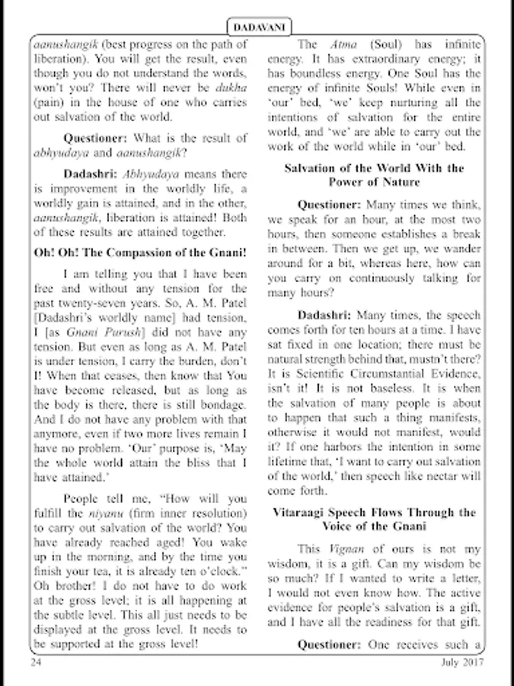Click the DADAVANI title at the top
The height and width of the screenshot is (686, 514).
[x=257, y=27]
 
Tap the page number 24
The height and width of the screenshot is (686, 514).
[x=36, y=662]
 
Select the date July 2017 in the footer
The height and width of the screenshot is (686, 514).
[x=461, y=662]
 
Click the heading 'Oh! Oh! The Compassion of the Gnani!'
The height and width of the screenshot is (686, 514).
[x=141, y=252]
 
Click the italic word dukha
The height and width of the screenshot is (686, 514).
[x=231, y=88]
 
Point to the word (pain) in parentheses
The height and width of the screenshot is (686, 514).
[x=48, y=102]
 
